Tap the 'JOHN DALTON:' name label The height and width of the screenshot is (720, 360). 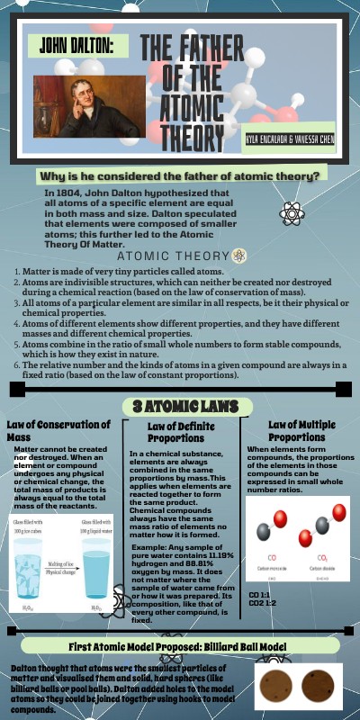click(71, 44)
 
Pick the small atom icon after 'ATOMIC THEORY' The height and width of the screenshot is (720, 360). click(238, 255)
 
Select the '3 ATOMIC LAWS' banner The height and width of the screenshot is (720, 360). click(178, 405)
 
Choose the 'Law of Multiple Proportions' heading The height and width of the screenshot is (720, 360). click(302, 430)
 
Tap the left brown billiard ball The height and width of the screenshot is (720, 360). click(274, 688)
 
